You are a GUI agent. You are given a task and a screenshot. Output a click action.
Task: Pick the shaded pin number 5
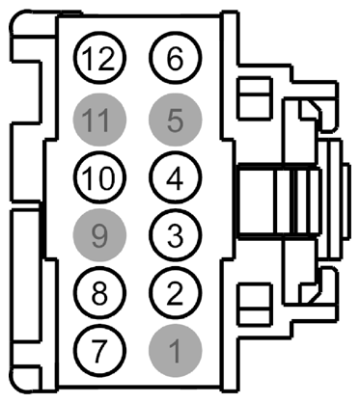tap(174, 121)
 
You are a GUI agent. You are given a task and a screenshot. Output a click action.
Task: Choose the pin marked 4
tap(174, 177)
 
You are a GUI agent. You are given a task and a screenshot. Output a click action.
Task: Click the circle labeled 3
tap(174, 234)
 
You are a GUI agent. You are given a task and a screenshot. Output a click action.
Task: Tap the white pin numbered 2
tap(174, 291)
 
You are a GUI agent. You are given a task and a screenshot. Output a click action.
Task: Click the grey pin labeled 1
tap(174, 348)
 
